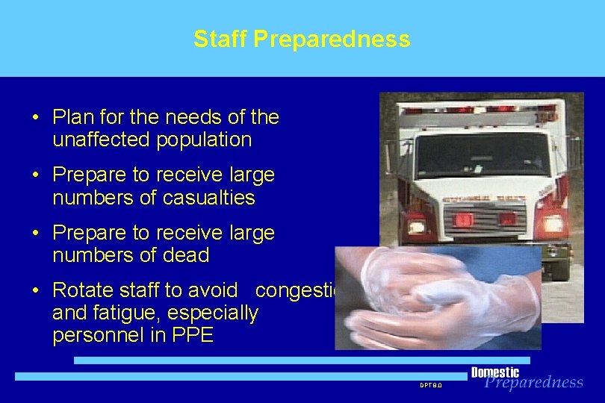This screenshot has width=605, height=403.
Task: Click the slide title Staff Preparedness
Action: coord(302,39)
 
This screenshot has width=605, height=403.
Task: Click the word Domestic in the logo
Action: coord(494,372)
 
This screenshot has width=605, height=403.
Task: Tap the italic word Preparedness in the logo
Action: coord(533,383)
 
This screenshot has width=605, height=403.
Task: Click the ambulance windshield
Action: coord(482,154)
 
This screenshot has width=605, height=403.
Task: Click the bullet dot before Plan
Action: coord(36,118)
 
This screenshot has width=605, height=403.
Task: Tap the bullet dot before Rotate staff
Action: coord(36,291)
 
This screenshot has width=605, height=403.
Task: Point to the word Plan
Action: coord(72,117)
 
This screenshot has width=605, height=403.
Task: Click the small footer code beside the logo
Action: coord(430,385)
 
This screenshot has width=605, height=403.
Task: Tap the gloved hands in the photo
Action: coord(433,299)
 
